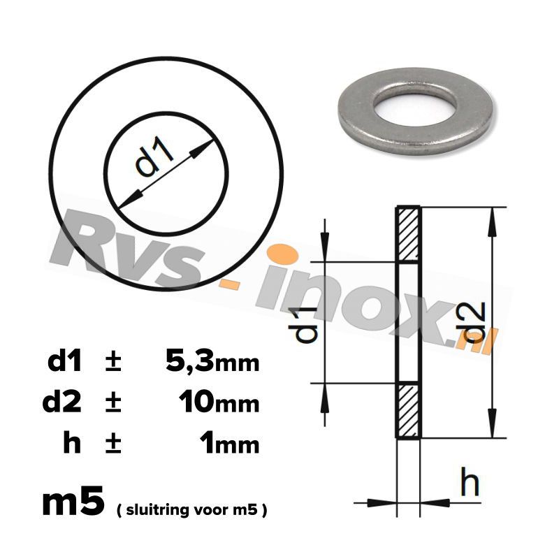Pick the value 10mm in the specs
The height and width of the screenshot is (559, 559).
tap(219, 402)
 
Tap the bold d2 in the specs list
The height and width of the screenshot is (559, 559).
tap(63, 402)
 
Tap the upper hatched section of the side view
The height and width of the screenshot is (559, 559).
tap(408, 235)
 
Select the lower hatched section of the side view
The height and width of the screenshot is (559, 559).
tap(408, 411)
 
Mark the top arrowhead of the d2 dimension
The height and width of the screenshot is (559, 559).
tap(493, 217)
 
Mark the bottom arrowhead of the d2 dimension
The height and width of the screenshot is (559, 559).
tap(493, 429)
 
